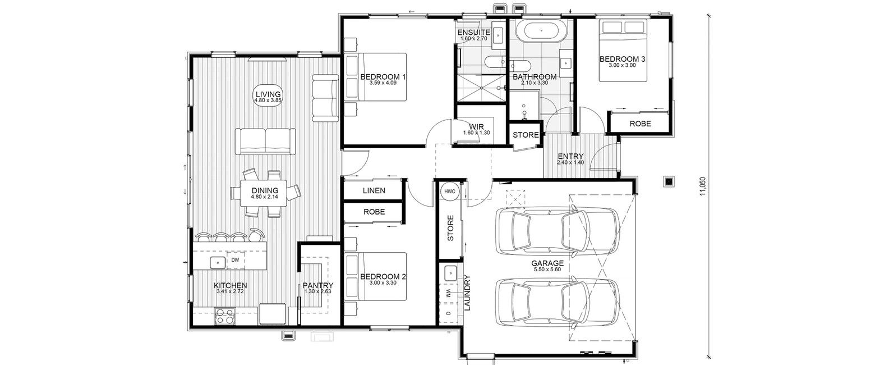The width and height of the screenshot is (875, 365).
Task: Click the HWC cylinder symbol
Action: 450,191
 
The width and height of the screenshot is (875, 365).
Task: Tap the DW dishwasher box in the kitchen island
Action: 235,260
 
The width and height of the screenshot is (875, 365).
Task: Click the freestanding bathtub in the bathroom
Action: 541,30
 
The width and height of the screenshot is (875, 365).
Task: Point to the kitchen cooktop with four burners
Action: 225,316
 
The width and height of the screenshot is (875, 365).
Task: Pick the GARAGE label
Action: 547,263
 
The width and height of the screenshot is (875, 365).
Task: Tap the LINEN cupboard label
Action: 374,190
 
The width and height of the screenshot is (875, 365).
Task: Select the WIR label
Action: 477,127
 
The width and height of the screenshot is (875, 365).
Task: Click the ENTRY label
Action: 570,156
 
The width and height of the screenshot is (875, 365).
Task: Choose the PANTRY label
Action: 318,286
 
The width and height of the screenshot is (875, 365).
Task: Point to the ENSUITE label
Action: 474,32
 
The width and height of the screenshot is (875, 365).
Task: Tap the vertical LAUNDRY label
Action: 468,293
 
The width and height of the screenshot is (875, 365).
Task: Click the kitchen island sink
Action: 218,262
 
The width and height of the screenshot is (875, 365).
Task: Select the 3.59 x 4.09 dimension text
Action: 383,83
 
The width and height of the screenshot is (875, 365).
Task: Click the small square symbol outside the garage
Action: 669,181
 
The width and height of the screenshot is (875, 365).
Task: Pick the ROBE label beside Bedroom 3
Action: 640,124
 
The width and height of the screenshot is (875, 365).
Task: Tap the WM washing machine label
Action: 448,293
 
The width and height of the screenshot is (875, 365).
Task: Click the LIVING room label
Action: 268,94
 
